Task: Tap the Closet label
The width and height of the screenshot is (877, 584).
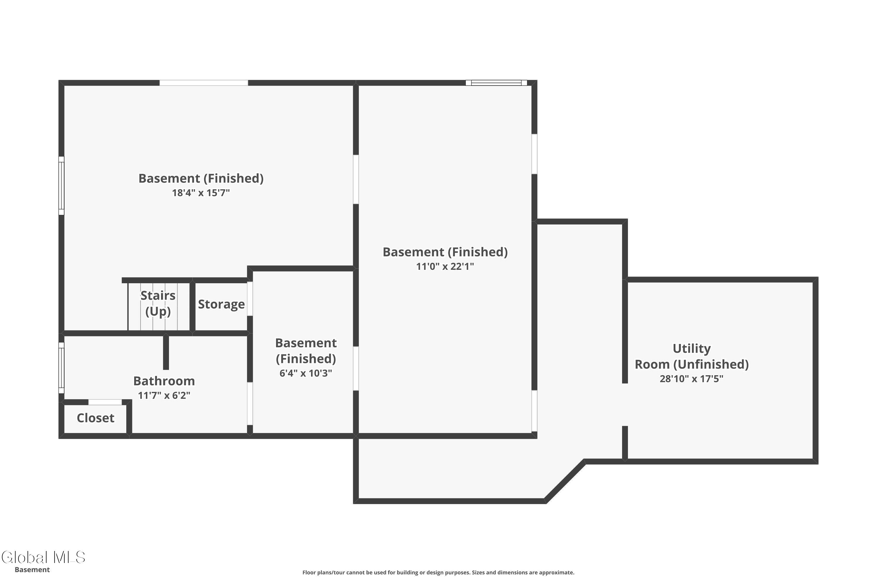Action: [96, 418]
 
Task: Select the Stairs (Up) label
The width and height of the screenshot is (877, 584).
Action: [158, 303]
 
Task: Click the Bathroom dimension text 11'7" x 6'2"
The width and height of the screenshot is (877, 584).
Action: [164, 396]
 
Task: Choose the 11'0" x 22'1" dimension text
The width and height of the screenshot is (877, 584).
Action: [445, 266]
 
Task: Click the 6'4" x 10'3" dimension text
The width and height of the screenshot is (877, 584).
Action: [306, 373]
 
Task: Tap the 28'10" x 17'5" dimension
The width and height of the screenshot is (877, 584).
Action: [691, 379]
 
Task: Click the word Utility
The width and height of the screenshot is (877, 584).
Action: [692, 349]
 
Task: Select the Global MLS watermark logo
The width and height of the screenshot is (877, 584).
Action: [43, 557]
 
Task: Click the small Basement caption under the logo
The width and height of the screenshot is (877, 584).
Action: [32, 570]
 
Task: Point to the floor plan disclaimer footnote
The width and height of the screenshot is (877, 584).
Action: [438, 572]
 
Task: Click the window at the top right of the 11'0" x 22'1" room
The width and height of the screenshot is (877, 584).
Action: [496, 83]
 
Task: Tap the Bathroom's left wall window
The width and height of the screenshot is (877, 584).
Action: [61, 368]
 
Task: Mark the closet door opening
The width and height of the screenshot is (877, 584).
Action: [105, 402]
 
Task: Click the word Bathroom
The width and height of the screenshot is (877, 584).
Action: [164, 381]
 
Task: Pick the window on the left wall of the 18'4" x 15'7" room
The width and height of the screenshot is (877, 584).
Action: [61, 185]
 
